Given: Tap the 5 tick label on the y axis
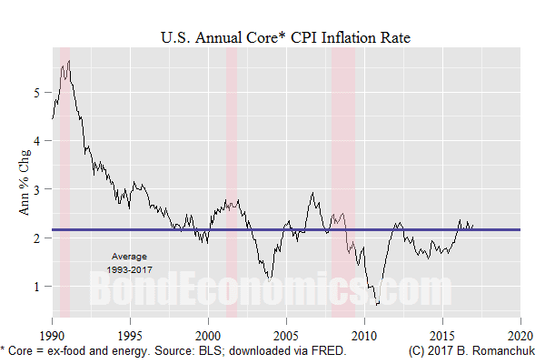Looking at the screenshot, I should (x=37, y=92).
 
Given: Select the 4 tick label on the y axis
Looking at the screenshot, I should (x=37, y=140).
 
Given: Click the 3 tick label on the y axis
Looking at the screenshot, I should (x=37, y=188).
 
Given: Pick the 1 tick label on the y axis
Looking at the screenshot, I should (x=37, y=286).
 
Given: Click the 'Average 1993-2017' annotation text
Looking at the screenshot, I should (x=129, y=262).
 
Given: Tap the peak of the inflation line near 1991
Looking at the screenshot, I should (x=69, y=61).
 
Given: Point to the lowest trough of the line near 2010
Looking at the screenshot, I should (x=376, y=305).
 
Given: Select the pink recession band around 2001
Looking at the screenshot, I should (x=232, y=182).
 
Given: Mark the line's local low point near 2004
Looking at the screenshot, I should (x=269, y=278).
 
